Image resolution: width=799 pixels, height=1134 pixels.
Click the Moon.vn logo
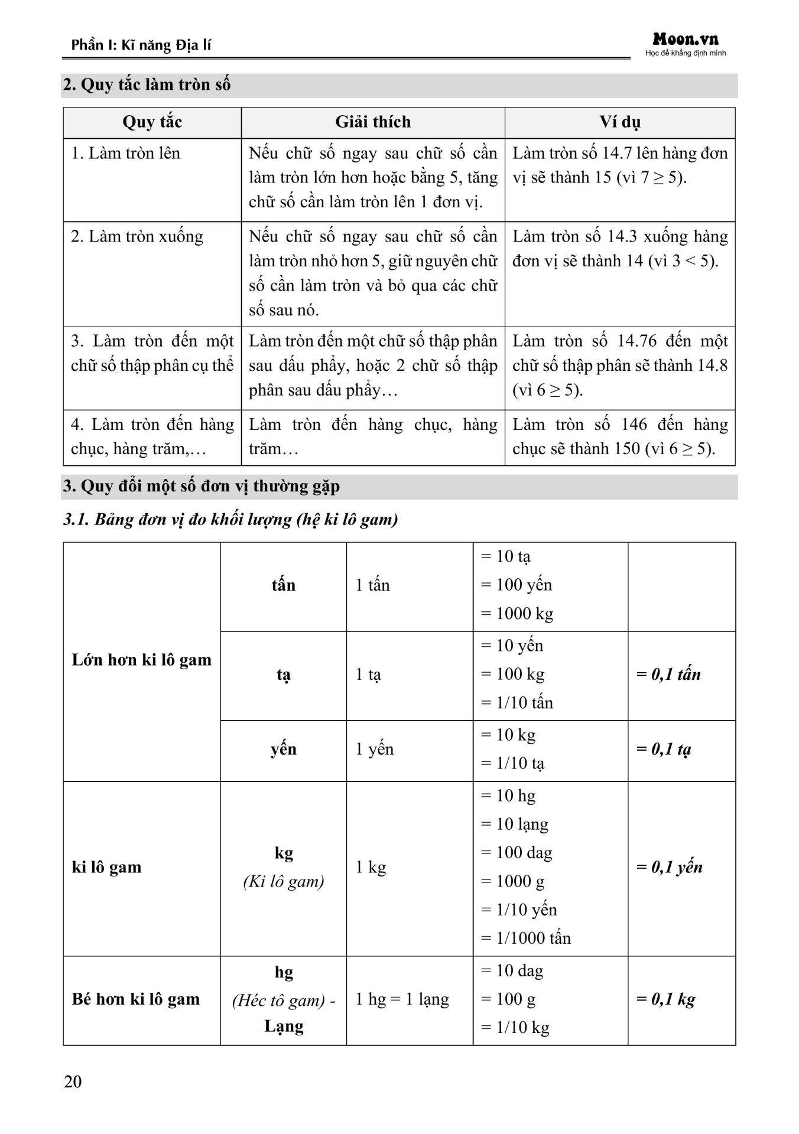tap(686, 41)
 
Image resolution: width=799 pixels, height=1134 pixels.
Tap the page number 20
tap(73, 1081)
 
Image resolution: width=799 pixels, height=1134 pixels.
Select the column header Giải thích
tap(373, 122)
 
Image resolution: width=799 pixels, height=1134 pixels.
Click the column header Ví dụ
tap(620, 122)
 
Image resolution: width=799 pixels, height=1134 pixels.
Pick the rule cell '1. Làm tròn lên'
tap(126, 154)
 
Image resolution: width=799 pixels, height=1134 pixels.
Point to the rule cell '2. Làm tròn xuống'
tap(137, 237)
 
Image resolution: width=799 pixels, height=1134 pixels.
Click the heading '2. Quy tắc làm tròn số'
tap(147, 85)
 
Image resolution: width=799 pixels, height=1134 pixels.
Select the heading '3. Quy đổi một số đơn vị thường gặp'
tap(202, 487)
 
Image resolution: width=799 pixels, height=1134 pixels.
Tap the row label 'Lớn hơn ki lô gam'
tap(142, 660)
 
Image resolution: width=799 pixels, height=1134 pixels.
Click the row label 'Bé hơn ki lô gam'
tap(136, 999)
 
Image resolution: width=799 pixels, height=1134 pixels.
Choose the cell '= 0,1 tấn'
tap(668, 674)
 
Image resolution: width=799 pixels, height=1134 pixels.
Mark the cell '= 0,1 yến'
tap(670, 868)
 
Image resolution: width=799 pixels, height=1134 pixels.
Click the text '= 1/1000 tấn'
tap(526, 939)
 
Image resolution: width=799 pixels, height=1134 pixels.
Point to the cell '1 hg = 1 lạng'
tap(402, 999)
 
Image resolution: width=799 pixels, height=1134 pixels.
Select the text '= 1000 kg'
tap(517, 614)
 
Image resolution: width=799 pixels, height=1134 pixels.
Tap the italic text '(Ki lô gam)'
tap(284, 882)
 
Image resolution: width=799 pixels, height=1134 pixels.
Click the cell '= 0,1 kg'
tap(666, 999)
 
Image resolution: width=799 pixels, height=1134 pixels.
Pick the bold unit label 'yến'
tap(284, 750)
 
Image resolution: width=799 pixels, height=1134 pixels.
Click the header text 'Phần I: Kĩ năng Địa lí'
tap(141, 45)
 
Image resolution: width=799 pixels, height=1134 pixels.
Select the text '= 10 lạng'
tap(515, 825)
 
